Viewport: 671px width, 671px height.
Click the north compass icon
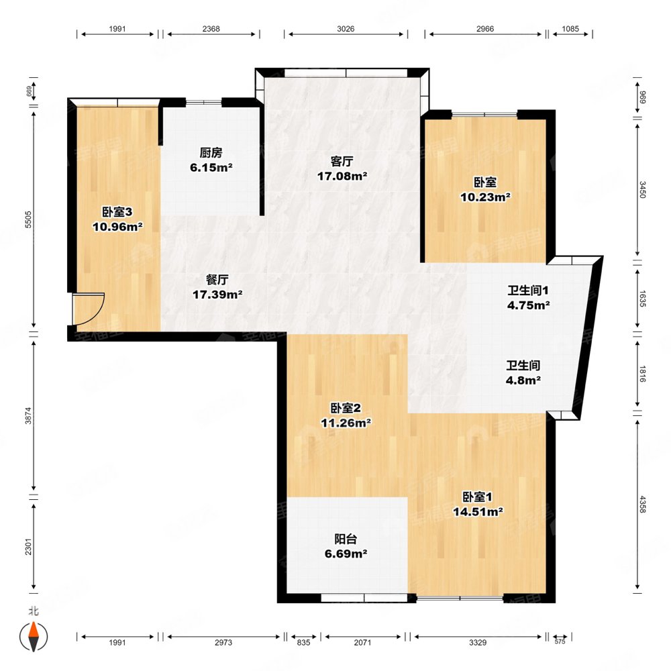[34, 636]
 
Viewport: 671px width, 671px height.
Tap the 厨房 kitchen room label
[211, 153]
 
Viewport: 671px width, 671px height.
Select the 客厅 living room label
[342, 161]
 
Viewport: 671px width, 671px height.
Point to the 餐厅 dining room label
[217, 280]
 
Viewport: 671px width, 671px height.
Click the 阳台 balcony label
[346, 539]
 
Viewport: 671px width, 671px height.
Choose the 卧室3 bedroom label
[117, 212]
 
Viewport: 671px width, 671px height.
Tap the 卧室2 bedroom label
[346, 408]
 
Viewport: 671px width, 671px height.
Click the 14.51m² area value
[478, 512]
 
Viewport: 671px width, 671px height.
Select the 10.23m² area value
[485, 197]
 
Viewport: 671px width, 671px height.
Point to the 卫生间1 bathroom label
[528, 291]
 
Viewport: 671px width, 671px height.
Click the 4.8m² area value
[523, 380]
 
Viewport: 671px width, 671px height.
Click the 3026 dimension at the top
[346, 29]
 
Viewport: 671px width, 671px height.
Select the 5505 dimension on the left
[28, 219]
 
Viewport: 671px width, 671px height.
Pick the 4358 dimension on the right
[642, 504]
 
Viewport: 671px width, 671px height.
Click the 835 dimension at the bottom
[303, 642]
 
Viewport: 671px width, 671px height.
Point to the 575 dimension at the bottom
[560, 641]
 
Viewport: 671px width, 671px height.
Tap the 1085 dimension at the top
[570, 29]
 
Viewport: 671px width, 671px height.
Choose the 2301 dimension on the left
[28, 546]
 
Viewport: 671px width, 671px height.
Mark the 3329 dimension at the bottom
[478, 642]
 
